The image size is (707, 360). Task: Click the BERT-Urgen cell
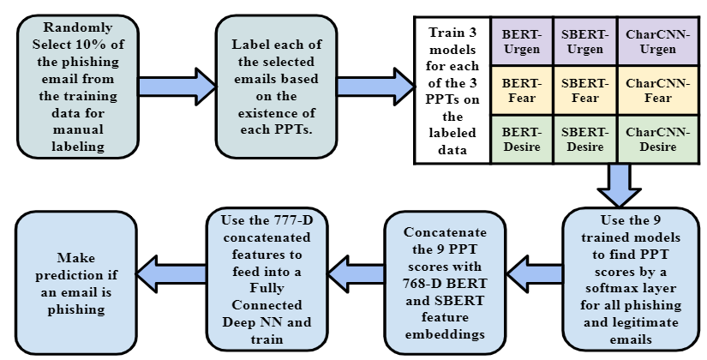(521, 42)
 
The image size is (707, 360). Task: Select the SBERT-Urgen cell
(584, 42)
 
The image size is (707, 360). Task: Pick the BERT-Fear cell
(521, 91)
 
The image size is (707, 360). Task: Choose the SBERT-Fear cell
(584, 91)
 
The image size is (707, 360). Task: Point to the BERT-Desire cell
(521, 140)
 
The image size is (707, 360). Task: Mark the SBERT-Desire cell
(584, 140)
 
